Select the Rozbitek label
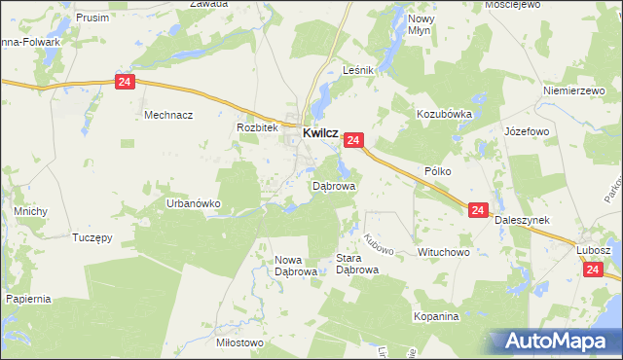tap(257, 127)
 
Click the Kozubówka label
tap(444, 114)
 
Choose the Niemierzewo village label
tap(574, 90)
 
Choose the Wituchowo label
tap(444, 252)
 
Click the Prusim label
tap(92, 18)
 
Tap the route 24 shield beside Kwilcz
tap(353, 141)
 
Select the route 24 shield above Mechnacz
tap(124, 83)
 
